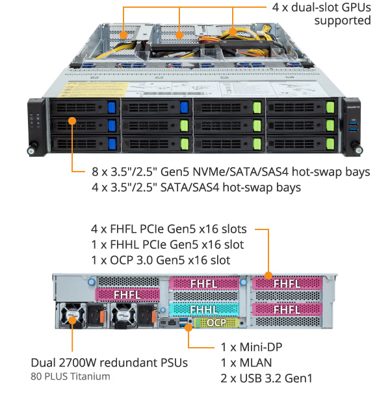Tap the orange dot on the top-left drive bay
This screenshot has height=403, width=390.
[71, 121]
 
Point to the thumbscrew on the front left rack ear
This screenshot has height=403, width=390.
[31, 151]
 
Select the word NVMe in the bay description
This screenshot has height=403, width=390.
[203, 172]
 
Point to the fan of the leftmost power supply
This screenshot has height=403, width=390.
[71, 317]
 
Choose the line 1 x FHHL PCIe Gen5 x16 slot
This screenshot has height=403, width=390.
[168, 244]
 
